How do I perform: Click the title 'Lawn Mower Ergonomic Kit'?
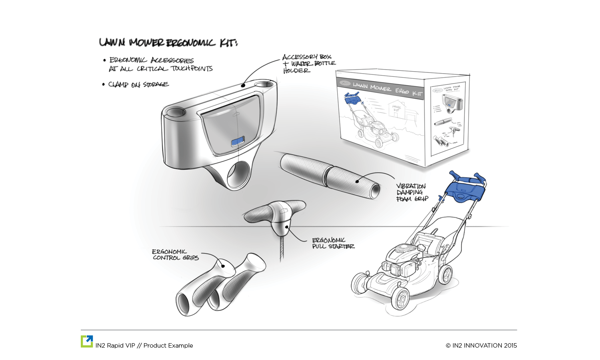tap(168, 42)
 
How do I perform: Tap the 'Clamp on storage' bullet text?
tap(138, 84)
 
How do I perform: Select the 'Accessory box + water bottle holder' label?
tap(308, 64)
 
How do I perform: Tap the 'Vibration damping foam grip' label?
tap(412, 192)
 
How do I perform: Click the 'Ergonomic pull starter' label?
tap(333, 243)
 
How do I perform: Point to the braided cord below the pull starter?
tap(282, 248)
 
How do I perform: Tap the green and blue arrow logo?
tap(87, 341)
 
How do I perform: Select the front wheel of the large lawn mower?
tap(400, 298)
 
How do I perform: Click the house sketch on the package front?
tap(400, 108)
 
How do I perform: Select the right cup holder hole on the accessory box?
tap(263, 85)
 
